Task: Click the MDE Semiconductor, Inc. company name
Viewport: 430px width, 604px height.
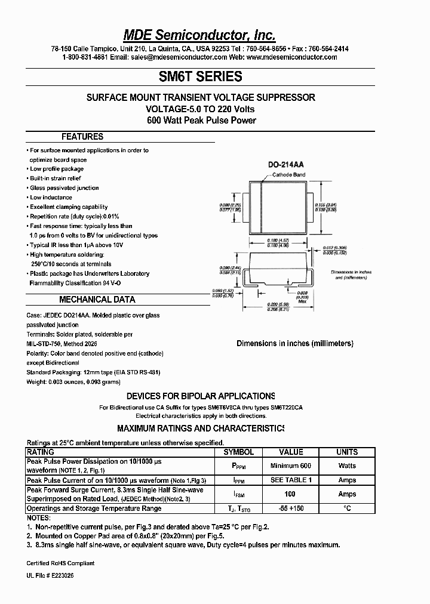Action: pyautogui.click(x=200, y=34)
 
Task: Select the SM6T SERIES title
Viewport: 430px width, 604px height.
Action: pyautogui.click(x=200, y=76)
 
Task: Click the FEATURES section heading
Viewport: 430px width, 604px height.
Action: pyautogui.click(x=82, y=137)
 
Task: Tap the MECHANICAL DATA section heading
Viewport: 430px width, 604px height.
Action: pyautogui.click(x=97, y=300)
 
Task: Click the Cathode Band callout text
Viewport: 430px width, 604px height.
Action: pyautogui.click(x=289, y=175)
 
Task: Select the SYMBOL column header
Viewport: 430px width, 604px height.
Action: pyautogui.click(x=238, y=452)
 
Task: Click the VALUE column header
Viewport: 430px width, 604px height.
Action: pyautogui.click(x=291, y=452)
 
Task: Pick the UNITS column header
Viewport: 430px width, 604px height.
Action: pyautogui.click(x=347, y=452)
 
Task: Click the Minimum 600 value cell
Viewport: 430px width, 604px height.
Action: pyautogui.click(x=291, y=466)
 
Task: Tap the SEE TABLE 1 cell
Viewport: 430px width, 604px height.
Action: pyautogui.click(x=291, y=480)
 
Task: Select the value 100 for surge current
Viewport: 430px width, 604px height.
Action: pyautogui.click(x=291, y=494)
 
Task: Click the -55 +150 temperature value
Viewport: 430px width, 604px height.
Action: pyautogui.click(x=291, y=509)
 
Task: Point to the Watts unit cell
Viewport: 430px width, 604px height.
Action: pyautogui.click(x=347, y=466)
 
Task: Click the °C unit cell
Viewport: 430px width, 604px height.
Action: pyautogui.click(x=347, y=509)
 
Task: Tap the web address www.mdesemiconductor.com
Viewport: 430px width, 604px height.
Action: pyautogui.click(x=291, y=57)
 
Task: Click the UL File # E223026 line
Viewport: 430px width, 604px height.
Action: pyautogui.click(x=51, y=575)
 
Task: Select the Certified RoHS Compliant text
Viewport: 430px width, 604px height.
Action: pyautogui.click(x=60, y=563)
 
